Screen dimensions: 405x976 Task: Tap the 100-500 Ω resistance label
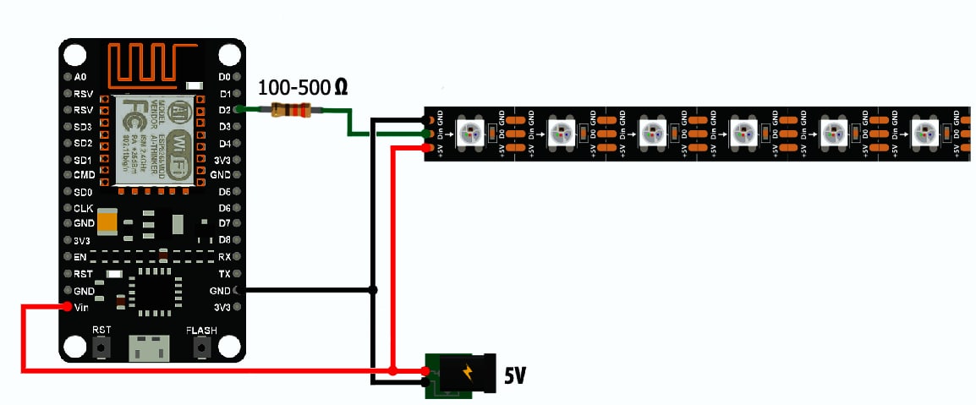click(x=303, y=86)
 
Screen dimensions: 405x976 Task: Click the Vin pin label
click(x=82, y=307)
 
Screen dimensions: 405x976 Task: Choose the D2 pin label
click(x=224, y=110)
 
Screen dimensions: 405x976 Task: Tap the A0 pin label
click(x=80, y=77)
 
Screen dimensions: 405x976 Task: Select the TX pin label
click(x=224, y=274)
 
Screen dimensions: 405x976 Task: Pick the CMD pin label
click(x=84, y=175)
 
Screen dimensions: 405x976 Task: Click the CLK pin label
click(x=83, y=208)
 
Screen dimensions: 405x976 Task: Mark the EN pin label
click(x=80, y=257)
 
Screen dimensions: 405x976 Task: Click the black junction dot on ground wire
click(x=374, y=290)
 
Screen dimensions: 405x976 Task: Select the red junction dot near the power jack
click(x=393, y=371)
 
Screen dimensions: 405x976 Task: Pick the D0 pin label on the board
click(x=224, y=77)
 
